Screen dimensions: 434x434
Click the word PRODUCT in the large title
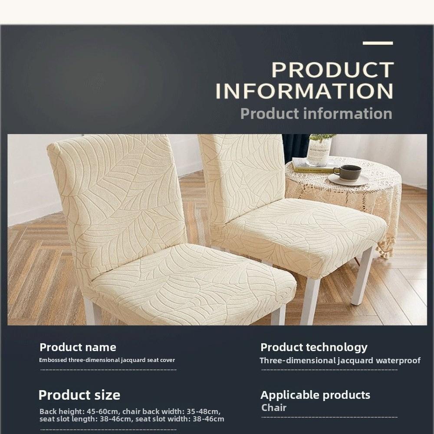coord(332,70)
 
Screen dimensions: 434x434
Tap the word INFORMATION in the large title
coord(304,91)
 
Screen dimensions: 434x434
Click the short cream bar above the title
coord(378,43)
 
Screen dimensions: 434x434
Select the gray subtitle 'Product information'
coord(316,114)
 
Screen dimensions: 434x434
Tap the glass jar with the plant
coord(319,151)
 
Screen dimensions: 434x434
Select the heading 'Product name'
coord(78,347)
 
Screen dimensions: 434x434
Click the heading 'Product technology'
coord(313,347)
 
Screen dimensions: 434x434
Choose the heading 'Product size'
coord(79,395)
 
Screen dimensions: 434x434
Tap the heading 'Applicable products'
coord(315,395)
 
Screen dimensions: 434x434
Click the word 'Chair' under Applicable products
coord(274,408)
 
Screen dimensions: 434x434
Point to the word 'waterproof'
coord(398,360)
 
